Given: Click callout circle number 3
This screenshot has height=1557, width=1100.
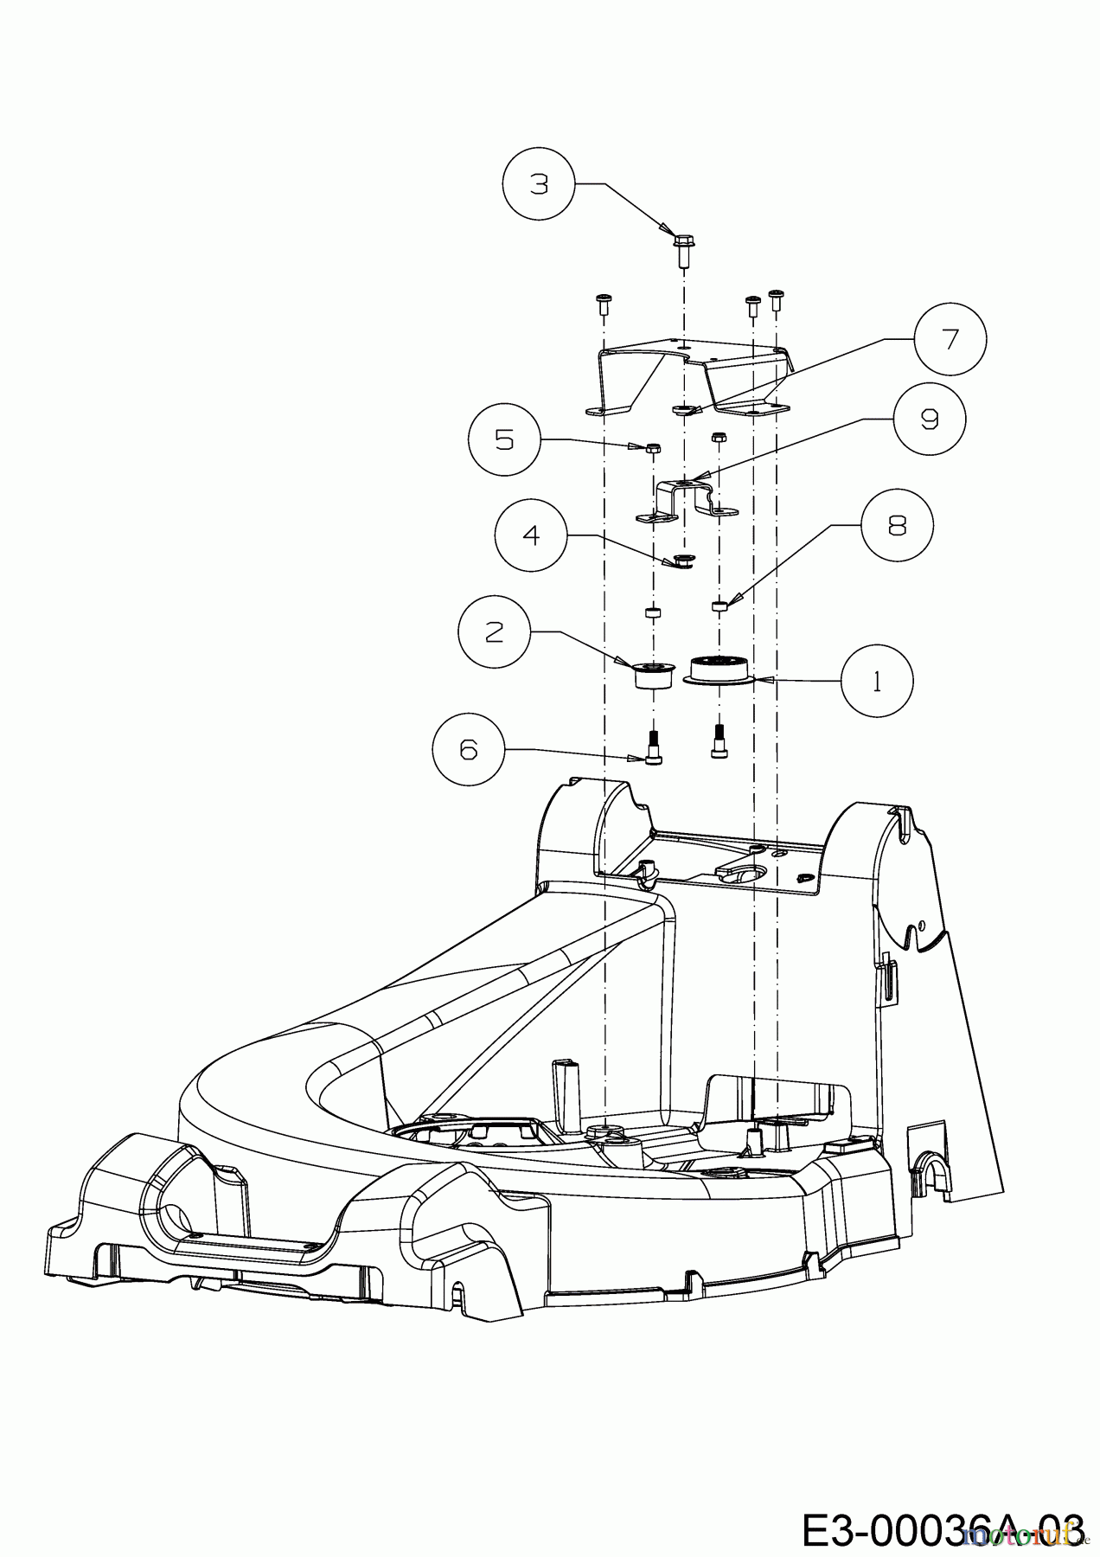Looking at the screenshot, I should click(x=539, y=184).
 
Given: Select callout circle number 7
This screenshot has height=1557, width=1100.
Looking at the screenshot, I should click(x=950, y=339).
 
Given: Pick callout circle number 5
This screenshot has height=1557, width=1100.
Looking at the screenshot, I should click(x=504, y=439).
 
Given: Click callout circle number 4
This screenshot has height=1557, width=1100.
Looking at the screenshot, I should click(x=532, y=535).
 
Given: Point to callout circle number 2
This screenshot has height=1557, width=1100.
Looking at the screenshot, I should click(x=494, y=632).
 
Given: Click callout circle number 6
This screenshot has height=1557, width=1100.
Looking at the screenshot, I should click(x=468, y=749).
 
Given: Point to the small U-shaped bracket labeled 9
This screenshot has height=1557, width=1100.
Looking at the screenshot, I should click(x=686, y=503).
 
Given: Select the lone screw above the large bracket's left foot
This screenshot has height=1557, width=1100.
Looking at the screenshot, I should click(x=603, y=303).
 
